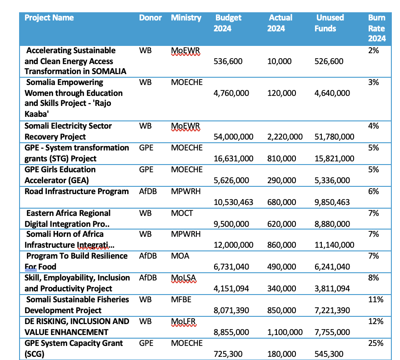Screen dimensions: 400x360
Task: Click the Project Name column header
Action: click(x=49, y=18)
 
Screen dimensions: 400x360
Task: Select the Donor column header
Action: click(x=150, y=18)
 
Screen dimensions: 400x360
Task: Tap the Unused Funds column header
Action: click(x=329, y=23)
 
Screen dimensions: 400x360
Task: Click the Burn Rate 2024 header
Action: click(x=377, y=28)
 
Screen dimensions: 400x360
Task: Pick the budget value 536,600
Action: click(x=228, y=61)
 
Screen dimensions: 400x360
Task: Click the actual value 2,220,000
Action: click(x=285, y=137)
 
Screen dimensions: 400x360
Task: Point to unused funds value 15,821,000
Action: click(x=334, y=159)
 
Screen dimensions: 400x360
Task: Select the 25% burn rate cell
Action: click(x=375, y=343)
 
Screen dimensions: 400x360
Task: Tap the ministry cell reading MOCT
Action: click(x=182, y=213)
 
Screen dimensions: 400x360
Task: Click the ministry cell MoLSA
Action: click(x=184, y=278)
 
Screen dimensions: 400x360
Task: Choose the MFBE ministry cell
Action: click(x=181, y=299)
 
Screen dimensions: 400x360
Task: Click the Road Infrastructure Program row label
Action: click(x=76, y=191)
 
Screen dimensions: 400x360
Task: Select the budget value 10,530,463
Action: click(x=233, y=202)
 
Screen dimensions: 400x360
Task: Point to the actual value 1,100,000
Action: click(x=285, y=332)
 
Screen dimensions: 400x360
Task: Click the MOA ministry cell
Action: click(x=180, y=256)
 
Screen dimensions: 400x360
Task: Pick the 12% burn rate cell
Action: click(x=375, y=321)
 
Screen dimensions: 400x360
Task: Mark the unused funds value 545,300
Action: click(x=329, y=354)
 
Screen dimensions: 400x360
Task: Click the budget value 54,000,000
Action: click(x=233, y=137)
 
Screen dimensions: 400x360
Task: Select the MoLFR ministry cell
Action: click(x=184, y=321)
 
